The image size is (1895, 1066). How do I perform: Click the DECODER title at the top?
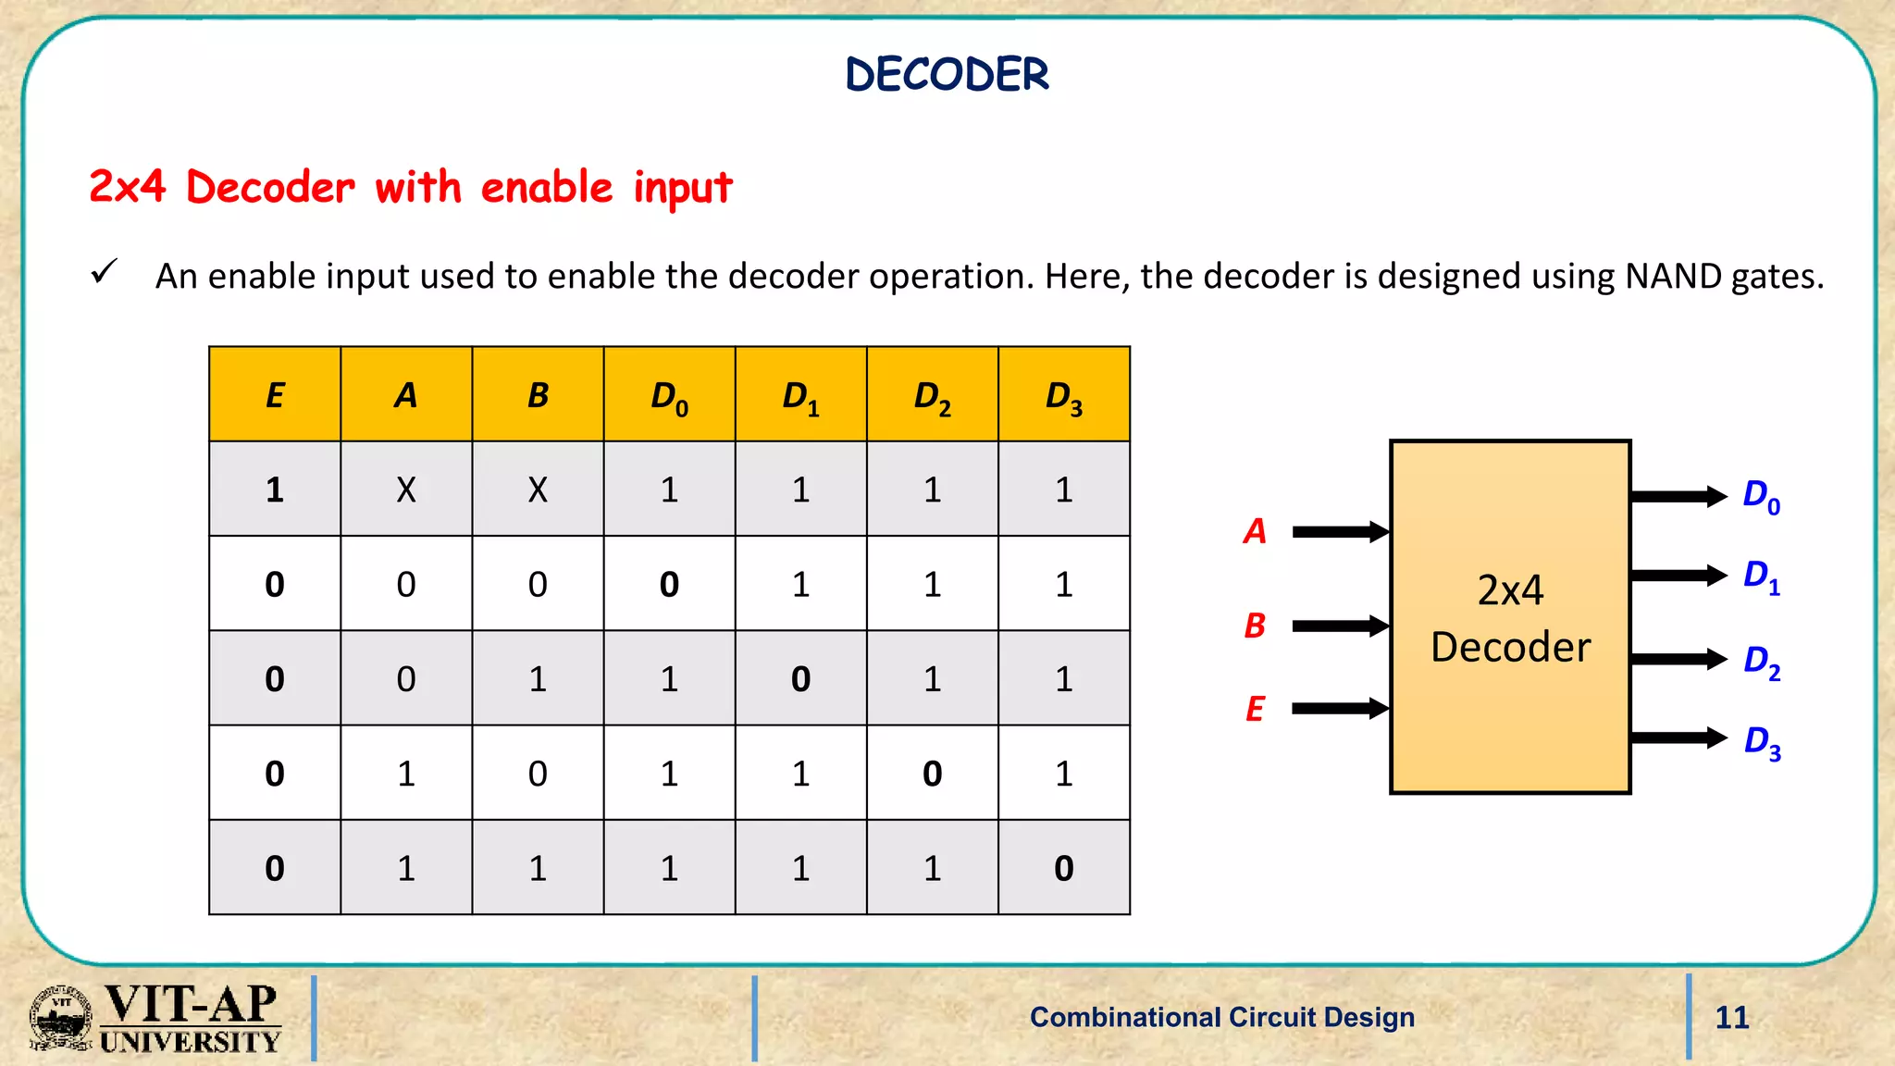(947, 74)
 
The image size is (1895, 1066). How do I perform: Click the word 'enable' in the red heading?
(547, 188)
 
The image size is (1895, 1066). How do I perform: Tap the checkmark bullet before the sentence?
(104, 272)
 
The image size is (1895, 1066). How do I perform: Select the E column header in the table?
(275, 395)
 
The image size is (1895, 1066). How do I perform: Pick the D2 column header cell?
(932, 396)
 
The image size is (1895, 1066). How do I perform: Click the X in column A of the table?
(406, 490)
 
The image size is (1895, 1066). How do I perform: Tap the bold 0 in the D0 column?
(669, 585)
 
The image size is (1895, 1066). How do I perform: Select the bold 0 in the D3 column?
(1063, 868)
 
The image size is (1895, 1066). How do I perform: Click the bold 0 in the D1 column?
(800, 679)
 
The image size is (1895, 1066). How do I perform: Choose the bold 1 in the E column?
(275, 490)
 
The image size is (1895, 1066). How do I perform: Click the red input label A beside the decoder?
(1255, 531)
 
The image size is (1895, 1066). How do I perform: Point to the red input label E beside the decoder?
(1255, 709)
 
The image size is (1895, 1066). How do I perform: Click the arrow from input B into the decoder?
(1340, 626)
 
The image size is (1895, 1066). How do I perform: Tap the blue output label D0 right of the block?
(1761, 496)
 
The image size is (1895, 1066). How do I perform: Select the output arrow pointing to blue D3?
(1678, 738)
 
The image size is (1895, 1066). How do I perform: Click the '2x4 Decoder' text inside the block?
(1510, 618)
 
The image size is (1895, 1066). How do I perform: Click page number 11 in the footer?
(1731, 1017)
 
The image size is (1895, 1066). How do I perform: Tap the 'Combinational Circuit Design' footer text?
(1221, 1017)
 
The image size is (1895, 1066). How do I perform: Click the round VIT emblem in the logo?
(61, 1018)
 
